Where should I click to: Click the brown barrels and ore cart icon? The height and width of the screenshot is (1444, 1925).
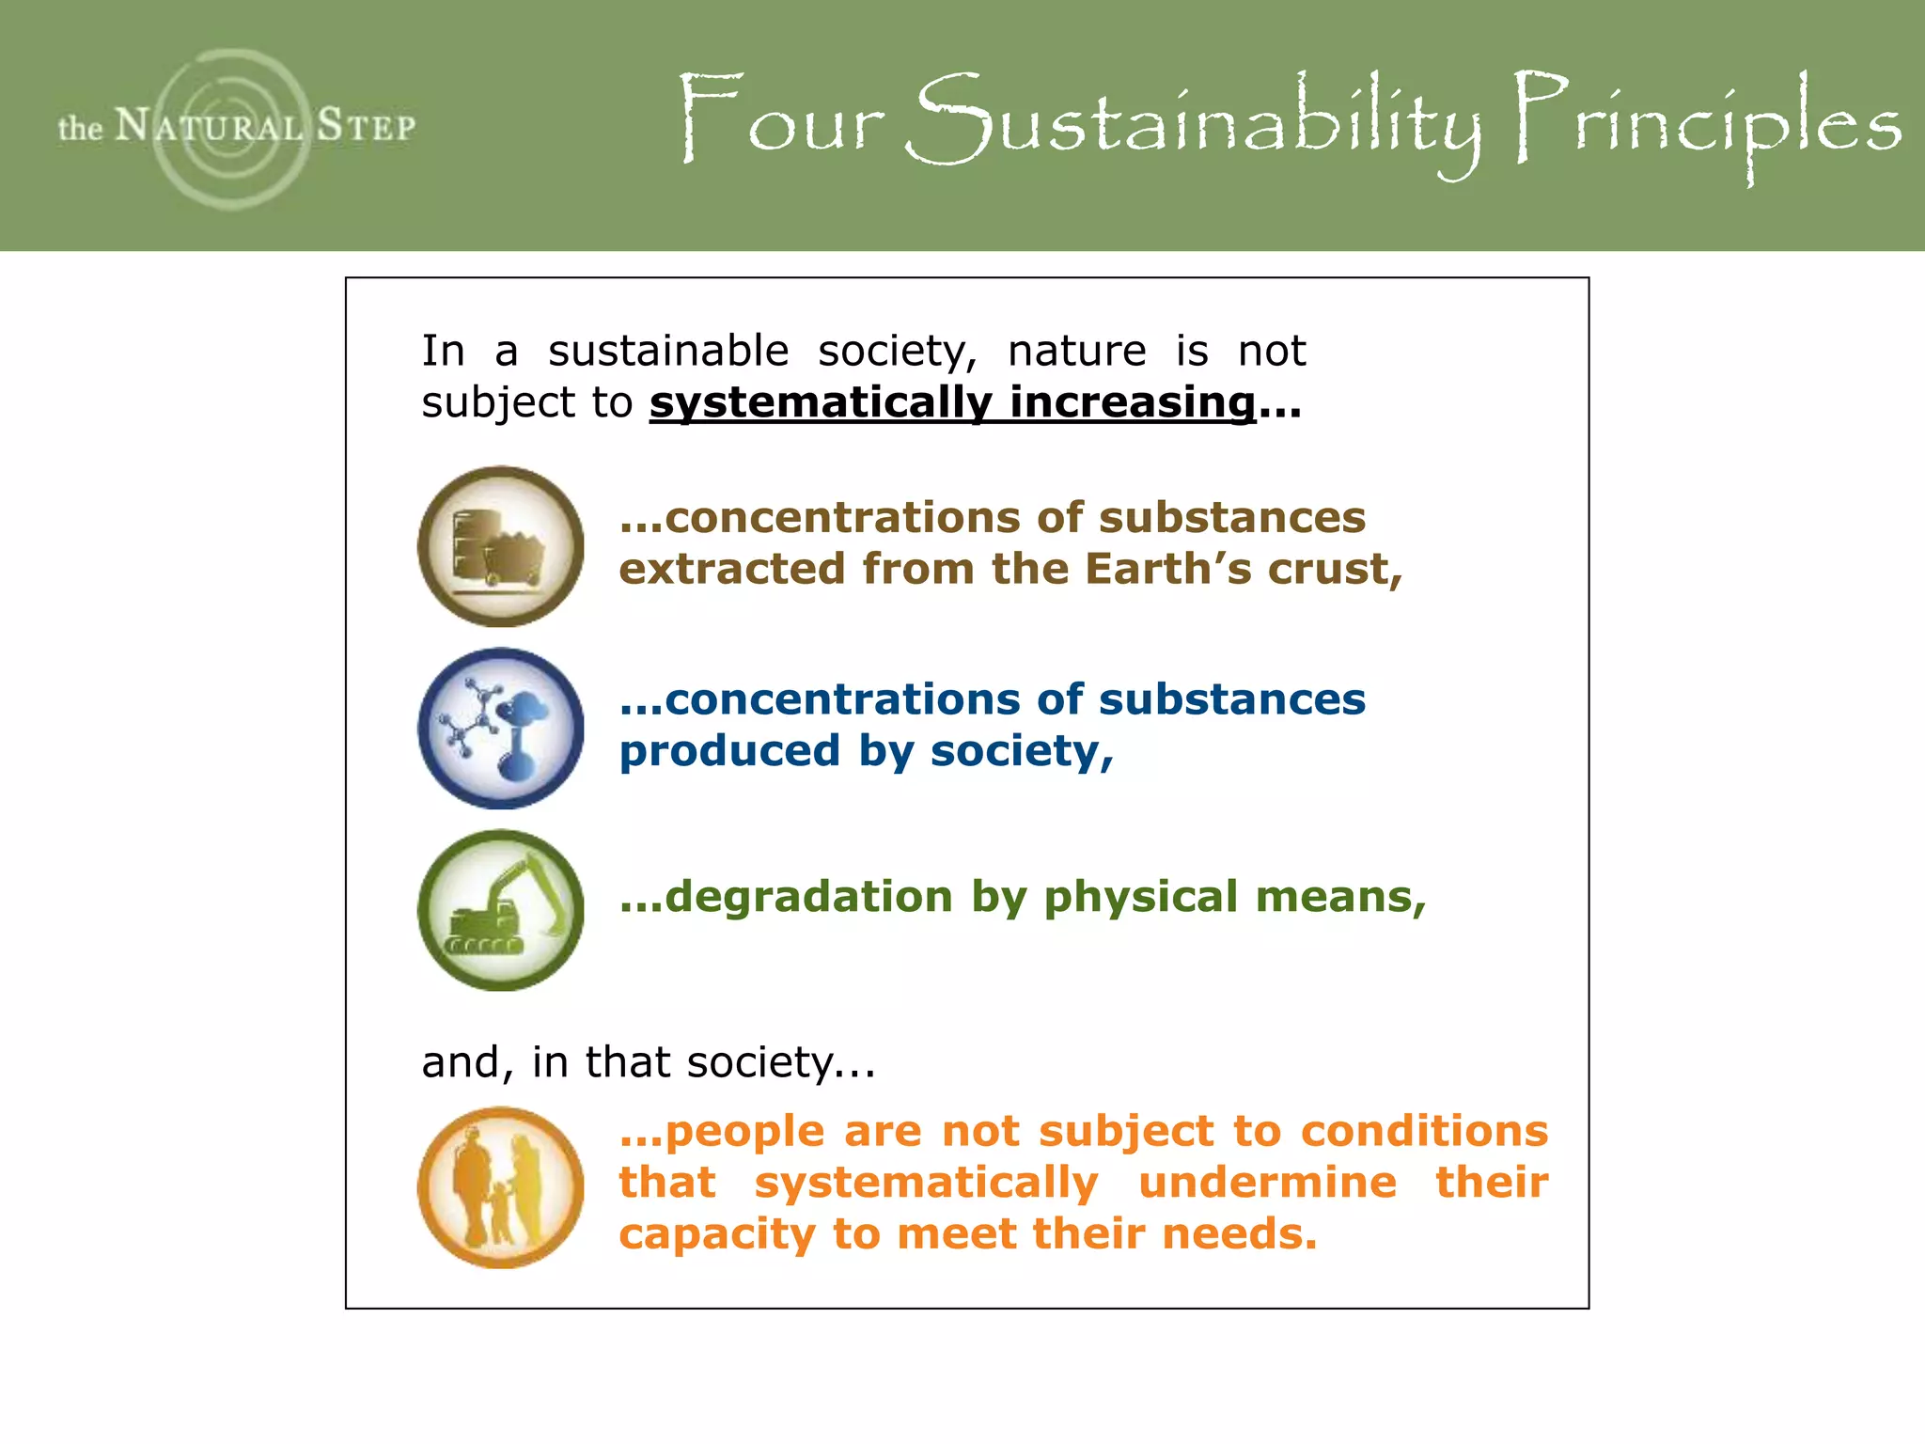500,546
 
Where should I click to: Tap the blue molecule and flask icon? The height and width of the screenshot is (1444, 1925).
500,729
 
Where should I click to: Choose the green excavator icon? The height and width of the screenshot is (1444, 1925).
500,910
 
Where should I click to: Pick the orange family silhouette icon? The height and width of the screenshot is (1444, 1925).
500,1187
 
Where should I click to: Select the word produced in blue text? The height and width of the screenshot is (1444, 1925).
729,751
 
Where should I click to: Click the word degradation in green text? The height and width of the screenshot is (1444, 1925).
808,896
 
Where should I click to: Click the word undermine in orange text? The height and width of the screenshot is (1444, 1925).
1267,1183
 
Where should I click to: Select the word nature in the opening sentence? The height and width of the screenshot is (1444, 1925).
1076,352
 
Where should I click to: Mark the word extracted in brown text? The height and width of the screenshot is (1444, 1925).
731,569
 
